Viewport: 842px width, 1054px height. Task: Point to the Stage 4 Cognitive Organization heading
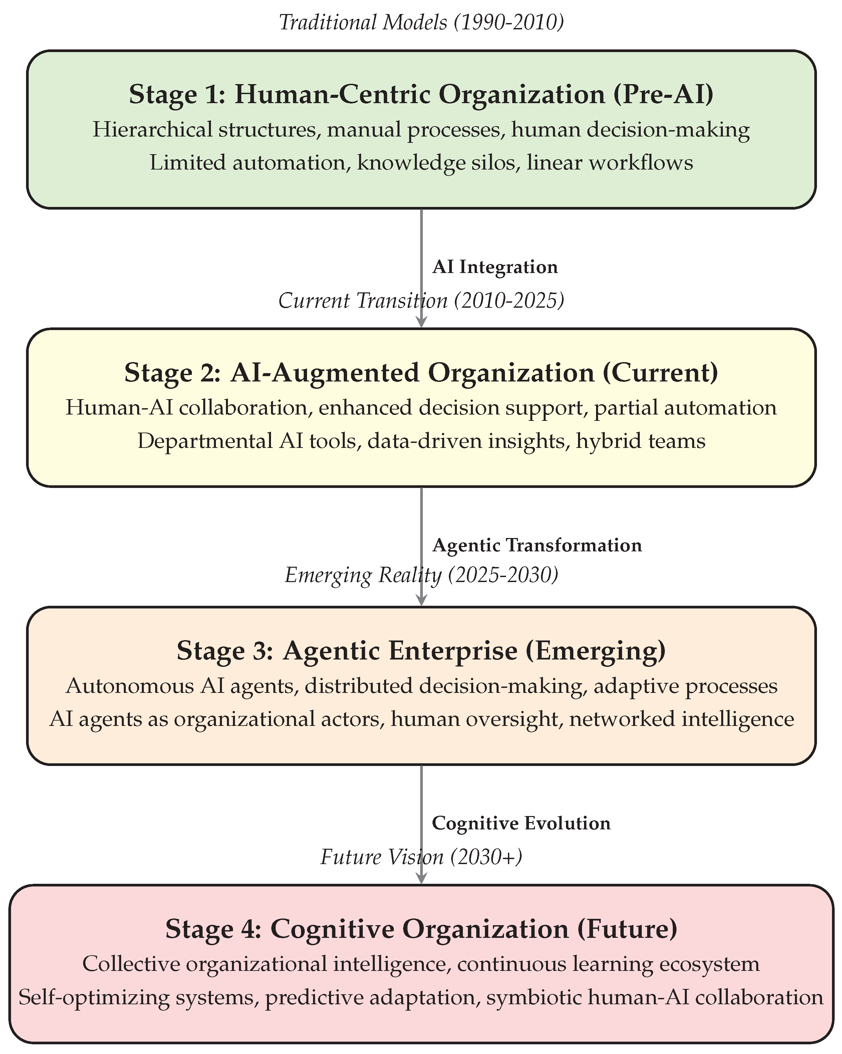[x=421, y=929]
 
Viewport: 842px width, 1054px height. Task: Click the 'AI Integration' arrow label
[x=495, y=267]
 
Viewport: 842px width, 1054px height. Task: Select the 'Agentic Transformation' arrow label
[x=537, y=546]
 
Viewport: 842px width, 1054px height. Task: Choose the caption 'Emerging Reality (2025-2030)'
[x=421, y=575]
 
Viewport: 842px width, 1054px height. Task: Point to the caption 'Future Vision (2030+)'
[x=421, y=857]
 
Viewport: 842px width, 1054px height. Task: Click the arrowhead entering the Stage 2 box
[x=421, y=321]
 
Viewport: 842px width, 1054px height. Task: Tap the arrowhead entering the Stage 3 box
[x=421, y=599]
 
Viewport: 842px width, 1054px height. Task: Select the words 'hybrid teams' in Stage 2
[x=640, y=441]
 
